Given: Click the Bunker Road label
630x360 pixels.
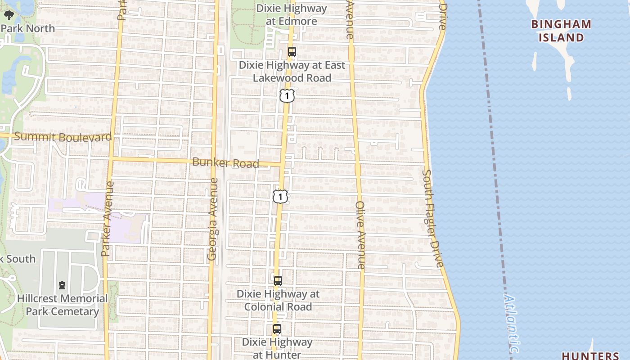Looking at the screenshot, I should click(x=225, y=163).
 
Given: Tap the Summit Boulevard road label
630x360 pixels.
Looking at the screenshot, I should click(x=63, y=137).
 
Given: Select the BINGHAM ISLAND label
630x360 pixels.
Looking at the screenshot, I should click(x=561, y=31).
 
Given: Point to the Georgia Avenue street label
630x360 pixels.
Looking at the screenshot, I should click(x=213, y=219).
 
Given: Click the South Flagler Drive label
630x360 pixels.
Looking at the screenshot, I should click(x=433, y=218).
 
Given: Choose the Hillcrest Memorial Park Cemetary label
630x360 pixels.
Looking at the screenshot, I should click(x=62, y=305).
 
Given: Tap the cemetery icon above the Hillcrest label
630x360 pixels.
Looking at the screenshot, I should click(x=62, y=285).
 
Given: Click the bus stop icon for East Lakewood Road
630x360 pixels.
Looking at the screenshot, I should click(x=292, y=52).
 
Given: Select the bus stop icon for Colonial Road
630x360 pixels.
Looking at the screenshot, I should click(x=278, y=281).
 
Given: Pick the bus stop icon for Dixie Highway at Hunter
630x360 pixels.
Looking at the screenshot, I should click(x=277, y=329).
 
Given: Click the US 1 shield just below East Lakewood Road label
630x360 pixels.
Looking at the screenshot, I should click(x=287, y=96).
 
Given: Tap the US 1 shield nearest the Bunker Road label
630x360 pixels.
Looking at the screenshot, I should click(x=280, y=196).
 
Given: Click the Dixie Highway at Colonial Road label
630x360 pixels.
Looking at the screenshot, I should click(x=278, y=300).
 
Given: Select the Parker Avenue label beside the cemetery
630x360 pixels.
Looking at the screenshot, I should click(x=106, y=219).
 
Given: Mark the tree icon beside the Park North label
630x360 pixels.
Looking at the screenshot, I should click(x=9, y=15).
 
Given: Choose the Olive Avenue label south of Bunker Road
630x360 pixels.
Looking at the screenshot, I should click(x=361, y=235).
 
